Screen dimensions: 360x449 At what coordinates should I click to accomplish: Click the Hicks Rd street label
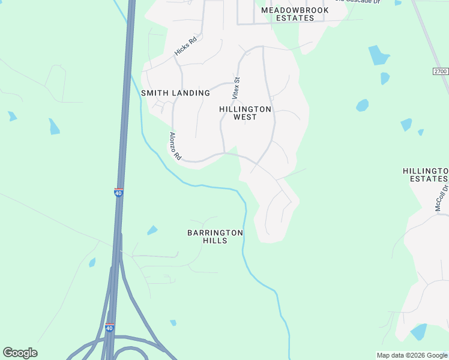185,47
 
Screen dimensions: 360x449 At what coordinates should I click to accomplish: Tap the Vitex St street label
237,88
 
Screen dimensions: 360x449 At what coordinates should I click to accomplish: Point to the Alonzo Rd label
175,146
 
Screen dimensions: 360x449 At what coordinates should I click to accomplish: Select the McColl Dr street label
442,198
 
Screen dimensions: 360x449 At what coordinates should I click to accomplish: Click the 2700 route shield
440,71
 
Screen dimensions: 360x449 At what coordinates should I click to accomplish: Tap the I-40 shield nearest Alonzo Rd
118,193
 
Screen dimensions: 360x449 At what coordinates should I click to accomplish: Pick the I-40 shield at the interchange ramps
109,328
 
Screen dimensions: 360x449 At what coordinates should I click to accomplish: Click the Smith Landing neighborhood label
175,93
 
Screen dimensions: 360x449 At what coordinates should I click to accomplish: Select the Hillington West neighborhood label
245,113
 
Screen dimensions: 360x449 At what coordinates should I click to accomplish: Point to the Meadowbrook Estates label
295,14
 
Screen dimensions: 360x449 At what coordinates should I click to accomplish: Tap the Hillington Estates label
425,175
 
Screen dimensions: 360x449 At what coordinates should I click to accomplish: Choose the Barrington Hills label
215,236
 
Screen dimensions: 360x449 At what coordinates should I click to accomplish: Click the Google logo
20,353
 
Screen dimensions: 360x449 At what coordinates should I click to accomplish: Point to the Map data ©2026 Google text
411,355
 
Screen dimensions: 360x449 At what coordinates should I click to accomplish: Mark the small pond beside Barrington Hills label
152,230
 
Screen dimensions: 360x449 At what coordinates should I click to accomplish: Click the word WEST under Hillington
245,117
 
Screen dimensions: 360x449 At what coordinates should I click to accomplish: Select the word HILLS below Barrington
215,241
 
